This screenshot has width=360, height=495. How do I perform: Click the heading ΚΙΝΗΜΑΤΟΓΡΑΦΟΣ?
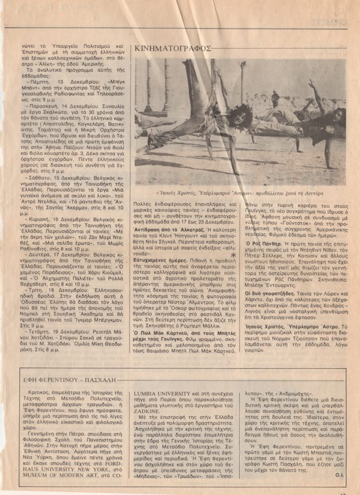click(173, 48)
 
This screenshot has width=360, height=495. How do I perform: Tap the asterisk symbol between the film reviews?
click(233, 255)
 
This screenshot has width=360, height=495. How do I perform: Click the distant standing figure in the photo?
click(275, 99)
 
